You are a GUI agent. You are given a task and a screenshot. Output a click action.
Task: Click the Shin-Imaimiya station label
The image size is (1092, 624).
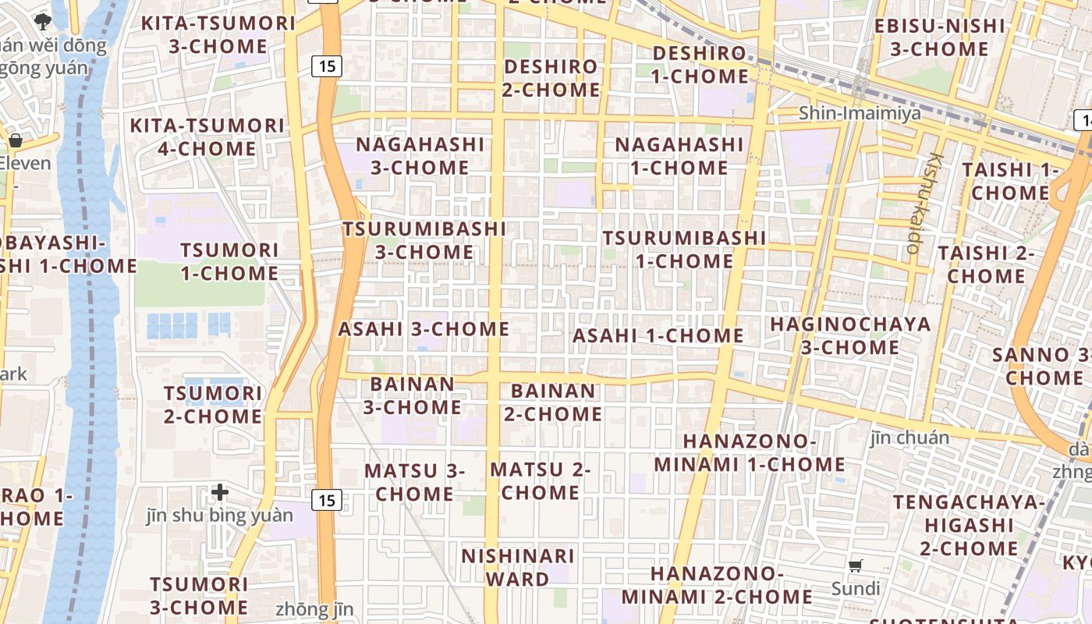[860, 114]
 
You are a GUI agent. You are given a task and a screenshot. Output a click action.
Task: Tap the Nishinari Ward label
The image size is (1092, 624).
[518, 568]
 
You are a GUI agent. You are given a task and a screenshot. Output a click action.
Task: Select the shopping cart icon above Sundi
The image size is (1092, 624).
[856, 565]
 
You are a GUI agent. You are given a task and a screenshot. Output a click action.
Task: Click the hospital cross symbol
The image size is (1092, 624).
[220, 492]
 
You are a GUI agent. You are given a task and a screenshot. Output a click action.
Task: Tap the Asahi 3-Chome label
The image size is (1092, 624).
[424, 329]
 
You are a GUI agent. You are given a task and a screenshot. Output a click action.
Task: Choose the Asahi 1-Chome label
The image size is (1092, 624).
[658, 336]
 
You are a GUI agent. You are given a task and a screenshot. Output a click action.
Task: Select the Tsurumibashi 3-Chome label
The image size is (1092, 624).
[424, 240]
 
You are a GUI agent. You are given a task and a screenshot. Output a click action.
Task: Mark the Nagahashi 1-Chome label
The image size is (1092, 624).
[679, 156]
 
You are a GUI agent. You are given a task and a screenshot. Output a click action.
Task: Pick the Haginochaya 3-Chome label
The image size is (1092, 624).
[850, 335]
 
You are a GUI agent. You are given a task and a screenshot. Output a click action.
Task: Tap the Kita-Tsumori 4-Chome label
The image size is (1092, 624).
[207, 137]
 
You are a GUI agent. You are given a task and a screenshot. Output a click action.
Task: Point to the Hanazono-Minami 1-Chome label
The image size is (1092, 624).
[749, 453]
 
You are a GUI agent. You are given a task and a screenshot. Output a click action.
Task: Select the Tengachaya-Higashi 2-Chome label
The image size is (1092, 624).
[968, 525]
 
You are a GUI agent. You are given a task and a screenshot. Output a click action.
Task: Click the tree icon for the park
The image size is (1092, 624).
[43, 19]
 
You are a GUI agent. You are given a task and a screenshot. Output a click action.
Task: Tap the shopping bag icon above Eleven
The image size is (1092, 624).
[15, 140]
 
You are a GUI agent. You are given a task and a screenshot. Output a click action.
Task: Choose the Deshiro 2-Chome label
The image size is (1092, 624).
[551, 78]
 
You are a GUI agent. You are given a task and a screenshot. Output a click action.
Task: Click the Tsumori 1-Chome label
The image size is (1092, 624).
[229, 262]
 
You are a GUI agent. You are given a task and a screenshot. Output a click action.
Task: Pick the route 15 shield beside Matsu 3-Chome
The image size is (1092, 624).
[327, 500]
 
